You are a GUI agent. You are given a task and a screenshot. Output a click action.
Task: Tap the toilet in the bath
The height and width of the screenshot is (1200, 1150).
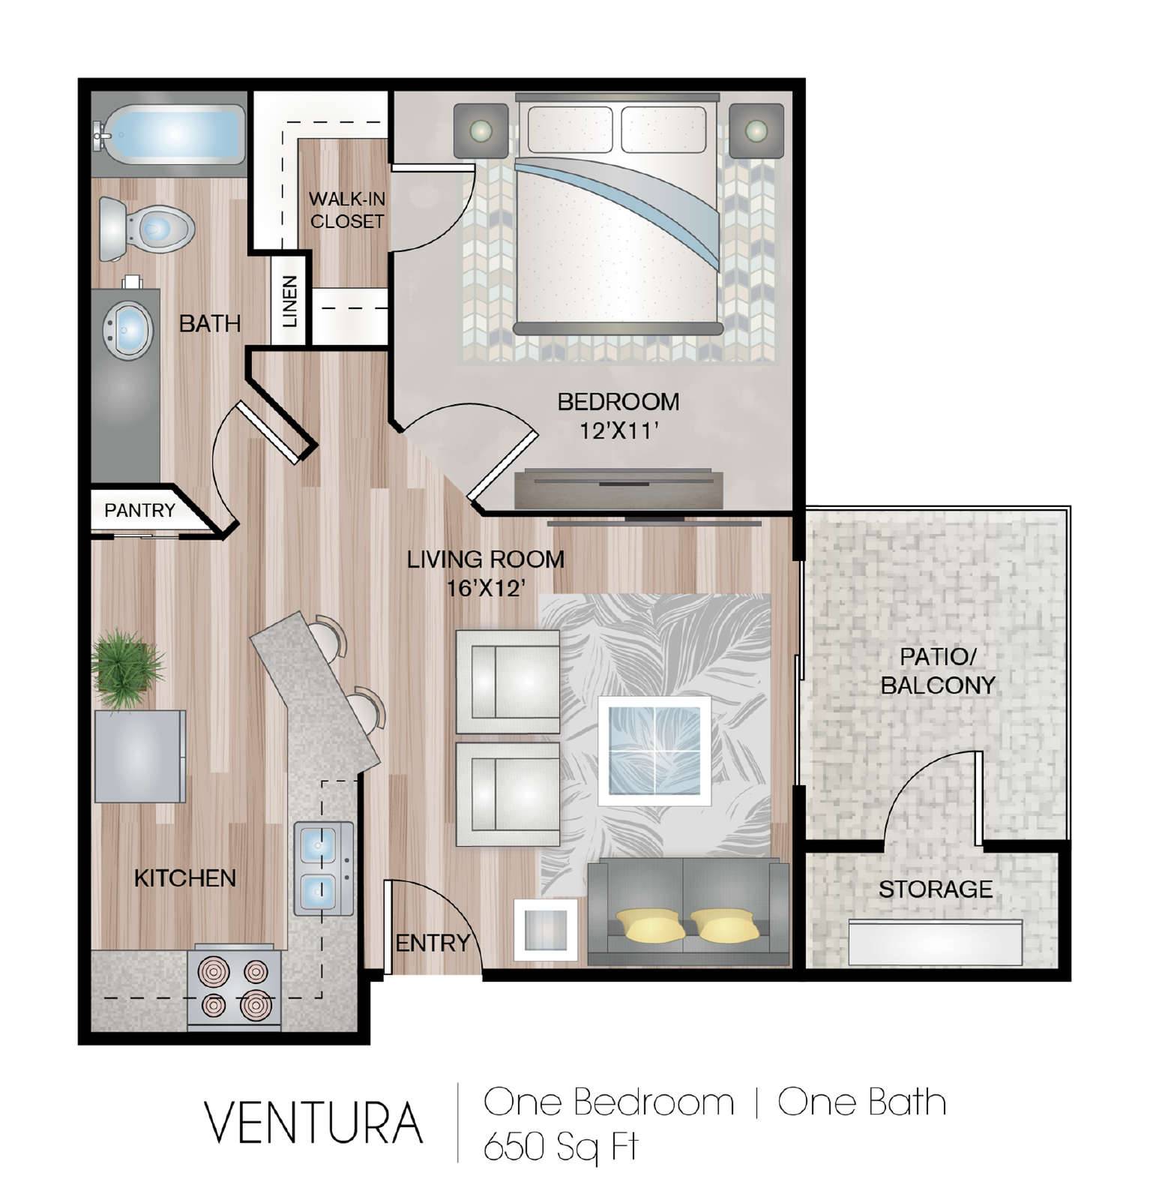tap(147, 228)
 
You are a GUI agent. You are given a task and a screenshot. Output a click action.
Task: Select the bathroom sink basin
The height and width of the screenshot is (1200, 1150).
tap(128, 330)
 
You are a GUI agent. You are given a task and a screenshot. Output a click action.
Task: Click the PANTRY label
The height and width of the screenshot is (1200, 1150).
tap(139, 511)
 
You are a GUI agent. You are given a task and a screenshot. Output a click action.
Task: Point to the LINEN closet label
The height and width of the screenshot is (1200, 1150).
tap(290, 301)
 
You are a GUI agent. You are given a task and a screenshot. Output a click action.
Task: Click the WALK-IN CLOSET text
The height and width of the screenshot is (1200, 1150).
tap(347, 210)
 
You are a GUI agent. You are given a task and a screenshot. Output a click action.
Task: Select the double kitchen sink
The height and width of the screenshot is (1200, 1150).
tap(324, 868)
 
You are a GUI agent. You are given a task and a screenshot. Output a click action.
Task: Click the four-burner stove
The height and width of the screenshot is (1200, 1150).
tap(235, 988)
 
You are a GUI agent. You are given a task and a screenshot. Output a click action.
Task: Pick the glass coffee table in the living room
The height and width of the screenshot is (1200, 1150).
tap(654, 751)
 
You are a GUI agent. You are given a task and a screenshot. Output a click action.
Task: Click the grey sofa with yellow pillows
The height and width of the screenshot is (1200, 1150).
tap(688, 912)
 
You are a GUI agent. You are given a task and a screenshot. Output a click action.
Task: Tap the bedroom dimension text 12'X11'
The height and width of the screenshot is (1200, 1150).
tap(619, 431)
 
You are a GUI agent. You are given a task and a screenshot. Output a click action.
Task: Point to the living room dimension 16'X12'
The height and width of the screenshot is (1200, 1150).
tap(484, 589)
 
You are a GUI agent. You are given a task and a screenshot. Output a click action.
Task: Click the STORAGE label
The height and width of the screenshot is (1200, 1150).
tap(936, 889)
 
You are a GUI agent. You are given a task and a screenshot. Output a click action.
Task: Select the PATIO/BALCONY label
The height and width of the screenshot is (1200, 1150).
tap(938, 670)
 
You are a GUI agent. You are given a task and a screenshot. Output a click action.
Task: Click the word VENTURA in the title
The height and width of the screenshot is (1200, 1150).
tap(314, 1123)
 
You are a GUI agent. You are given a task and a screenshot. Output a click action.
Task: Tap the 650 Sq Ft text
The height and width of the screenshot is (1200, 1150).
tap(560, 1147)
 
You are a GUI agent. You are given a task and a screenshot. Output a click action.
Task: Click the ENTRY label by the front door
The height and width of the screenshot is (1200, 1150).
tap(433, 943)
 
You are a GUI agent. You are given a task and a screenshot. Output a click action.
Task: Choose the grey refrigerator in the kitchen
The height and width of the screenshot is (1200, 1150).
tap(140, 756)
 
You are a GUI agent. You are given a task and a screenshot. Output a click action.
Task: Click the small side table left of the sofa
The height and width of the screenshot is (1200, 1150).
tap(545, 930)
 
